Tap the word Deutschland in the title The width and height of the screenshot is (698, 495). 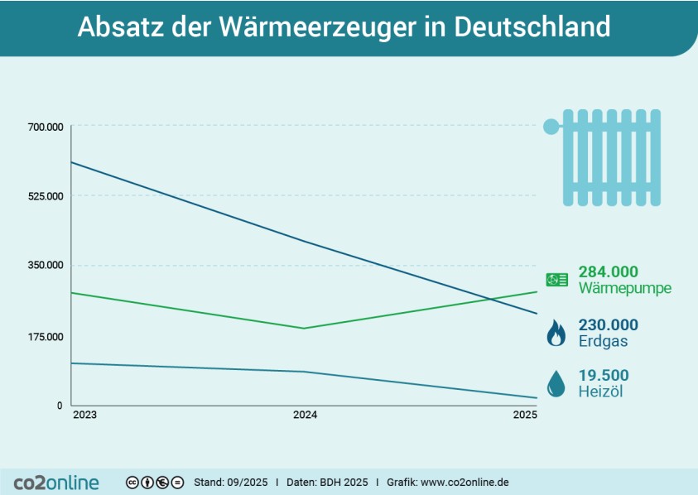[532, 27]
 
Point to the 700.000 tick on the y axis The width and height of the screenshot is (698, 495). [46, 127]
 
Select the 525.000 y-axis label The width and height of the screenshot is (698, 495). [46, 196]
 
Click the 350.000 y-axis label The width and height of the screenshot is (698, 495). [46, 266]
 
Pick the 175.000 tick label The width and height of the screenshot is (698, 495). [46, 337]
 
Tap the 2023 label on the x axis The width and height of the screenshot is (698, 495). [84, 415]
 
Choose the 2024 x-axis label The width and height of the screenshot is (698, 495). [306, 415]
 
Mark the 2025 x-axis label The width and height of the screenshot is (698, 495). [525, 415]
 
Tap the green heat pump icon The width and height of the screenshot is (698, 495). [556, 280]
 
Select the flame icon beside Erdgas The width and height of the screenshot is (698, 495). [556, 334]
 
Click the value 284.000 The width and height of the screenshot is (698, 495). [609, 272]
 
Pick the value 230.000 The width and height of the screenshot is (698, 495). [609, 324]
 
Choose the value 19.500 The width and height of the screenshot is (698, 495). [604, 375]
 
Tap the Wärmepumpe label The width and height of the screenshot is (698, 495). [625, 289]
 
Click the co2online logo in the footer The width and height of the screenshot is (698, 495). [56, 482]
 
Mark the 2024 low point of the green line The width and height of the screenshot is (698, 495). [306, 329]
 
